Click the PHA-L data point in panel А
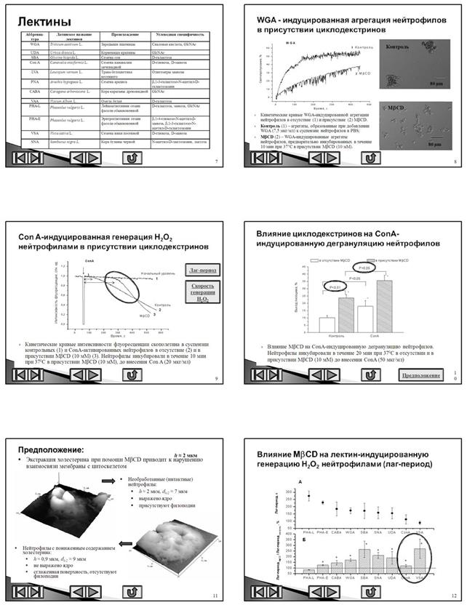pos(308,497)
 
